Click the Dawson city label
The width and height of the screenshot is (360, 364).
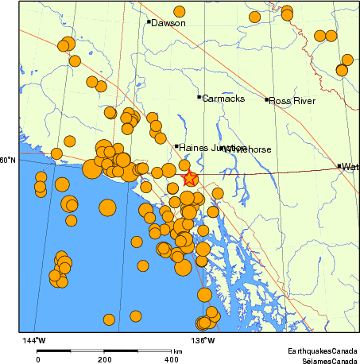click(x=168, y=23)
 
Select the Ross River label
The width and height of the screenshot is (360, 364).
click(x=292, y=101)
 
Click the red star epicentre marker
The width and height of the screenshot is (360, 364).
click(x=190, y=180)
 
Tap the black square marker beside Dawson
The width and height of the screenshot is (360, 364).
click(x=149, y=21)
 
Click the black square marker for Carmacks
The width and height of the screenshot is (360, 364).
click(x=199, y=97)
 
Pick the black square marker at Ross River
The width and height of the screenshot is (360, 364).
click(x=267, y=99)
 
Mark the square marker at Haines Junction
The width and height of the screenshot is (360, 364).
click(x=176, y=146)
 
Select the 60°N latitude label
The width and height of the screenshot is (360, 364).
click(x=7, y=161)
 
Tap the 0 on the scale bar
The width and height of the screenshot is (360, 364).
click(x=37, y=359)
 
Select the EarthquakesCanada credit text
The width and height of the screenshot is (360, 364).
click(x=322, y=350)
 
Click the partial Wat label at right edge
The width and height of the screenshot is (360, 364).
click(x=350, y=167)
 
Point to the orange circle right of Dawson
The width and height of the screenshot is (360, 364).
click(x=180, y=12)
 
